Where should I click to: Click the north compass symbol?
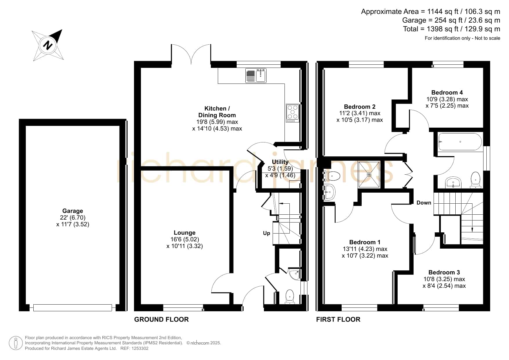click(48, 45)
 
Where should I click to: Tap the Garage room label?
click(73, 211)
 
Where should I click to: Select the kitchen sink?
click(256, 75)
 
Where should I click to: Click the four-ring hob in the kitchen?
click(292, 113)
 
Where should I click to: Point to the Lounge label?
click(184, 233)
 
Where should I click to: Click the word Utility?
click(280, 162)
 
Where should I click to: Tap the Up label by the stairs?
click(267, 233)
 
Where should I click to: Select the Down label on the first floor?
click(424, 203)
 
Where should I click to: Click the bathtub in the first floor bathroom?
click(460, 142)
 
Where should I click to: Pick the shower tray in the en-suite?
click(369, 174)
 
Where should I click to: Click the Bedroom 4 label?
click(447, 93)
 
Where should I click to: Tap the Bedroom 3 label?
click(444, 272)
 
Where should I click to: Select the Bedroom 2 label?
click(360, 107)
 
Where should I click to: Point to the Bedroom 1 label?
click(365, 242)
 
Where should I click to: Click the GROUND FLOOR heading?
click(161, 319)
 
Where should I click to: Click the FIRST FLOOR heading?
click(338, 319)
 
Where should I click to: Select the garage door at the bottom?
click(73, 307)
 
